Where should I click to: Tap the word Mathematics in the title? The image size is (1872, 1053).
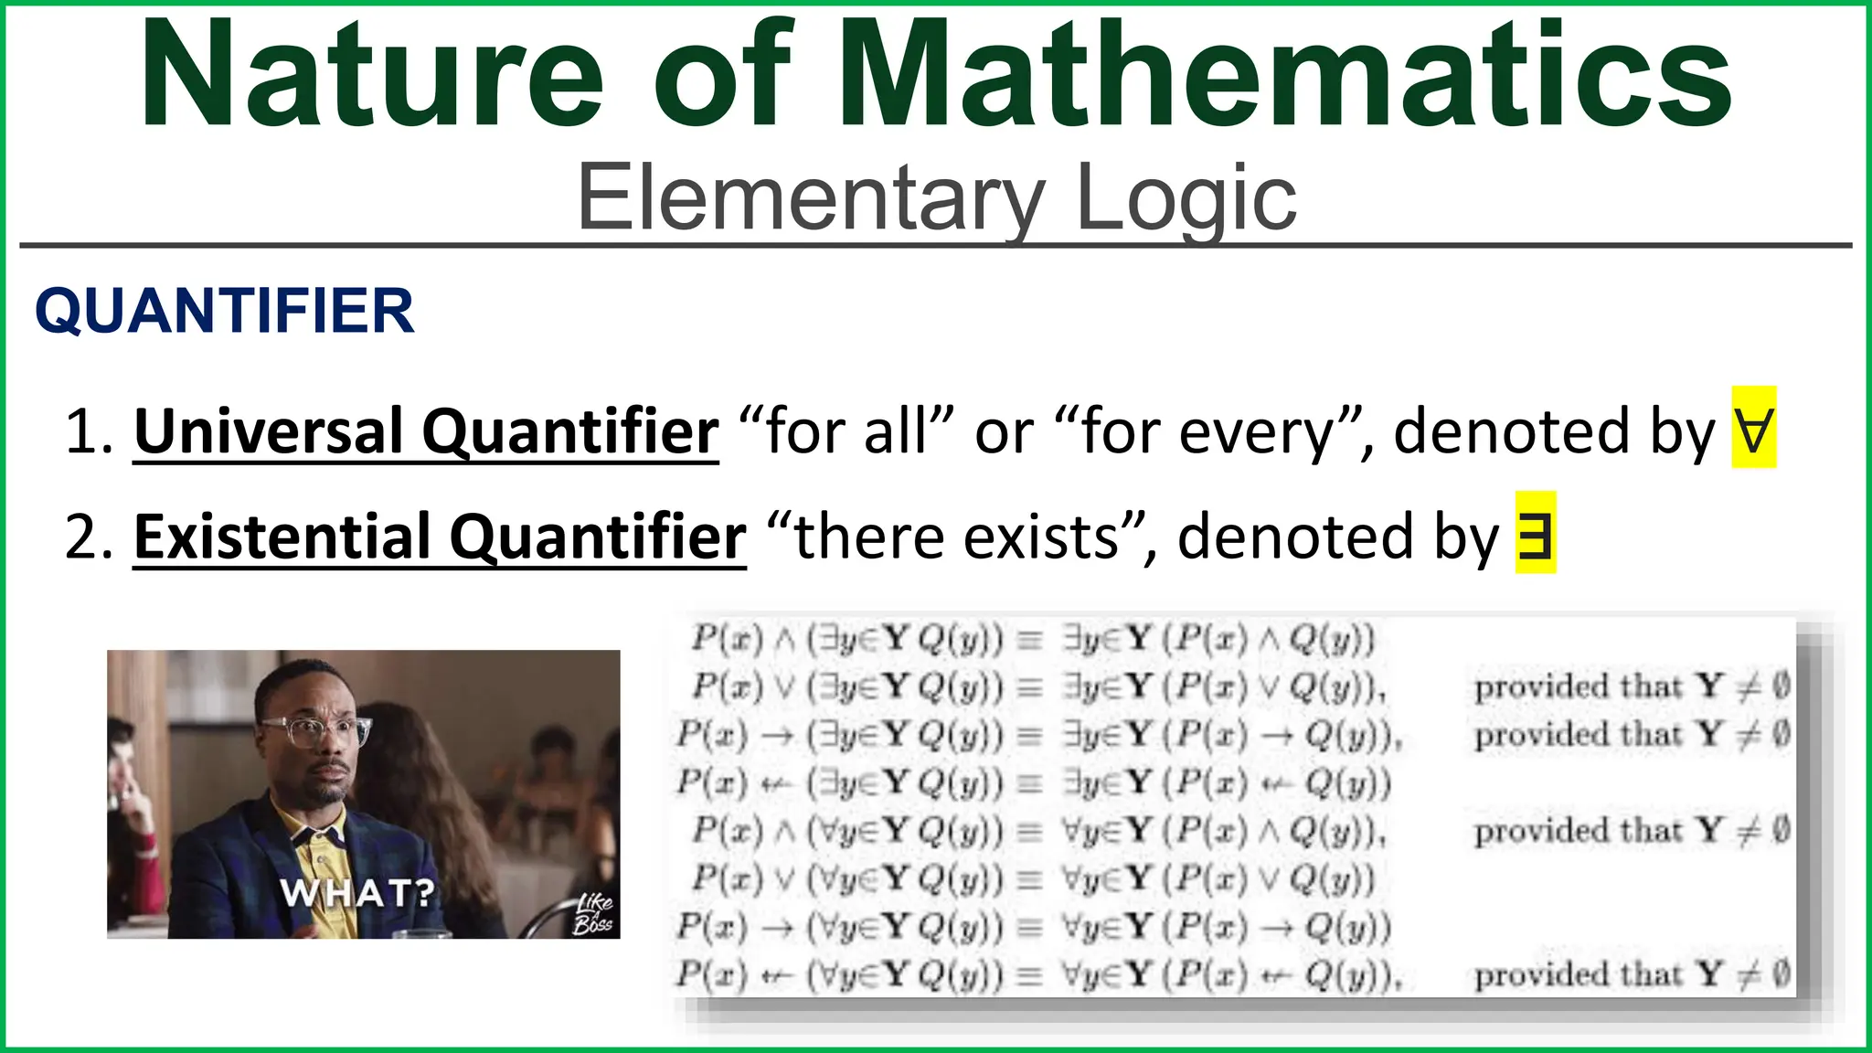1285,75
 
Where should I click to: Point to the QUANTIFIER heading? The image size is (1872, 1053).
225,311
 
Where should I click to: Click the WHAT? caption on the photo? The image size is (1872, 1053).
356,892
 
